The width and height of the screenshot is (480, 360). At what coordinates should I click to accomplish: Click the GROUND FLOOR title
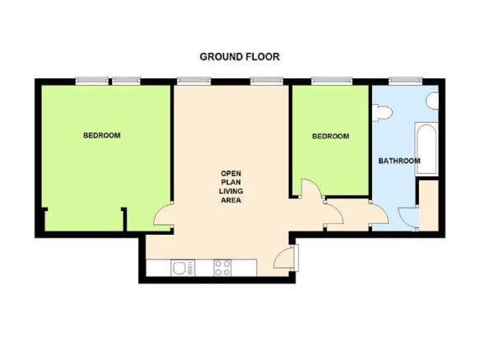240,57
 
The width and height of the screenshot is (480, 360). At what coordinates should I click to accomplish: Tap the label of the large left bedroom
101,135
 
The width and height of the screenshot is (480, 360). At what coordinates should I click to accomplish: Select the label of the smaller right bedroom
330,136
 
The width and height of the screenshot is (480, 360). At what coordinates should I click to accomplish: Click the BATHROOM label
399,161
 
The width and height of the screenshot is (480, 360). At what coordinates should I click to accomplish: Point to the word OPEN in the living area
231,174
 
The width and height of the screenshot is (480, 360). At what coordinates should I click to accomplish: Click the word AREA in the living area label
231,200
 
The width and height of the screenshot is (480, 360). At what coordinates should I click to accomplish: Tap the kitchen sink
183,268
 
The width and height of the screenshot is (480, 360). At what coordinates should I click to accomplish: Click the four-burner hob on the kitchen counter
222,268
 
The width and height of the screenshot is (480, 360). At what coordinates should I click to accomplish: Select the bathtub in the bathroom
426,149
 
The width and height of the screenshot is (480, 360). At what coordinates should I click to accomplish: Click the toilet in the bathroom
382,113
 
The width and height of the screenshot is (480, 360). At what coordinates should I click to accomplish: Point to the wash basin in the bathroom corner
432,101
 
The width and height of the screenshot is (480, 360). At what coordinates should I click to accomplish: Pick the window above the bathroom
406,81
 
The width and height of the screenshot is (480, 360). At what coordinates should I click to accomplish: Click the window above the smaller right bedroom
332,81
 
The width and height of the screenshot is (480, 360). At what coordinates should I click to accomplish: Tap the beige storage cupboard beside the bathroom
429,205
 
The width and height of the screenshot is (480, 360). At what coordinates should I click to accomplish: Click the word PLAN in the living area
231,182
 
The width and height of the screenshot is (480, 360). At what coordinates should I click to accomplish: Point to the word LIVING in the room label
231,191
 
